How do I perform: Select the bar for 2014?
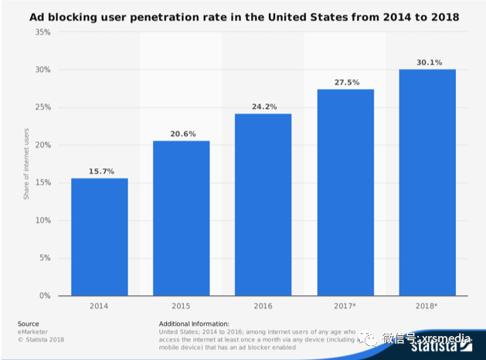tap(100, 237)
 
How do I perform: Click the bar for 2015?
tap(181, 219)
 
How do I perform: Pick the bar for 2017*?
tap(345, 192)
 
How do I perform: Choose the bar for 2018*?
tap(427, 182)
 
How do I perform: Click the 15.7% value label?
tap(100, 171)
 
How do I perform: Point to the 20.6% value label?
tap(181, 134)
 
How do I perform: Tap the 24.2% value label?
tap(263, 107)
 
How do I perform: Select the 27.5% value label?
tap(345, 82)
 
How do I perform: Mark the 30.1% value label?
tap(427, 63)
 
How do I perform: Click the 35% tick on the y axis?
tap(43, 32)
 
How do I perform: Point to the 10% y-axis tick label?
tap(43, 220)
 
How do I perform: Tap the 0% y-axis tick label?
tap(46, 296)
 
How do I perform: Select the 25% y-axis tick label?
tap(43, 107)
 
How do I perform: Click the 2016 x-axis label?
tap(263, 307)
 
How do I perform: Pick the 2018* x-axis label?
tap(427, 307)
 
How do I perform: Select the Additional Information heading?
tap(194, 323)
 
